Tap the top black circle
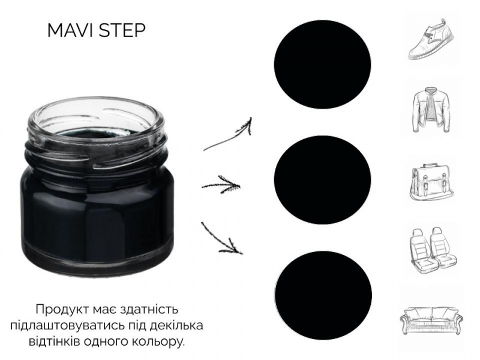tap(322, 64)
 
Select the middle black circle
tap(322, 180)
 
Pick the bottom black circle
tap(323, 295)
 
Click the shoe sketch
tap(431, 39)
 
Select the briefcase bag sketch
tap(431, 182)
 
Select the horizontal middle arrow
tap(220, 185)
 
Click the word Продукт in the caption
tap(62, 310)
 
